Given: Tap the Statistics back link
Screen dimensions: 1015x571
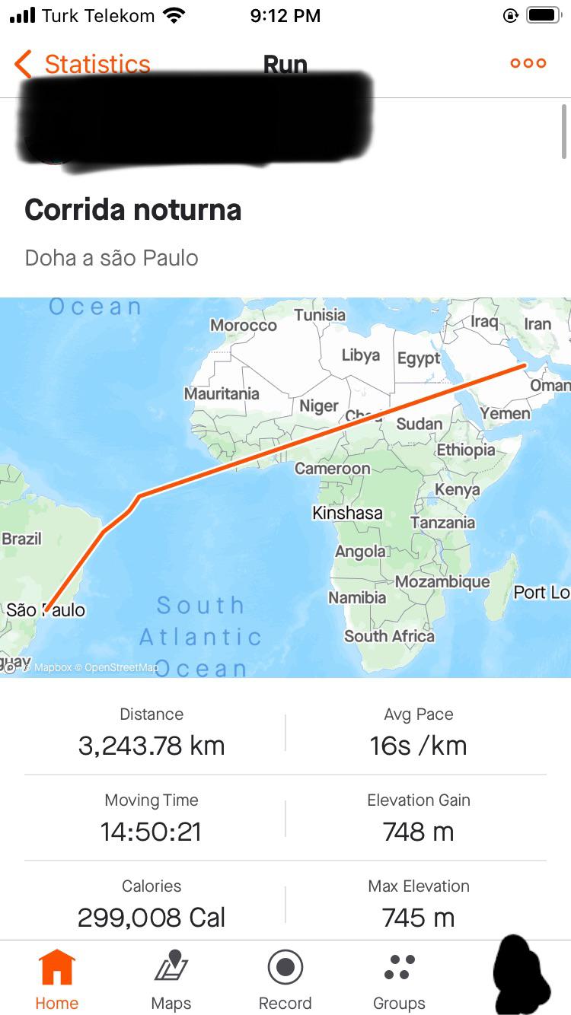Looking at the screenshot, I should tap(84, 64).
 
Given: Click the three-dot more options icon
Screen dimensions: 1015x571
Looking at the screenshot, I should tap(528, 63).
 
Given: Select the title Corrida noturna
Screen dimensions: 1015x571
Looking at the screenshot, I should tap(133, 210).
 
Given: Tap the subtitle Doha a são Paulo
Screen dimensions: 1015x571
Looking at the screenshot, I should tap(112, 258).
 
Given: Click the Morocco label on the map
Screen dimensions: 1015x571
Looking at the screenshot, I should tap(244, 325).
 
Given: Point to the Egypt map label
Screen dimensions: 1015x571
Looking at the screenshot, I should tap(419, 358).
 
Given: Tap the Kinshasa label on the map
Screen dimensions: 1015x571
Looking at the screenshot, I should tap(347, 513).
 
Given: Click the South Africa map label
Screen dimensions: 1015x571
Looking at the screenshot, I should tap(389, 635).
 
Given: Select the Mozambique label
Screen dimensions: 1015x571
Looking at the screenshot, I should tap(442, 581).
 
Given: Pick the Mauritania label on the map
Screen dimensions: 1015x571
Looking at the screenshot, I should tap(222, 393).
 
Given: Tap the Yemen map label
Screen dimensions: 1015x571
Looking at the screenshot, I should tap(506, 413).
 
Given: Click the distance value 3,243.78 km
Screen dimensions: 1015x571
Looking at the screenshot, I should tap(152, 746).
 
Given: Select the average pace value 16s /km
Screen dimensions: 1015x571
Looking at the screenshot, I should tap(418, 746).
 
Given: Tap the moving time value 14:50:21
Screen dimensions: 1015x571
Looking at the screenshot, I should tap(152, 832).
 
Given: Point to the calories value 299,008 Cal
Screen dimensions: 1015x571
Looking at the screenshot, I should tap(152, 918).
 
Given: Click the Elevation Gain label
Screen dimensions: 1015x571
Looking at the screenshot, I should tap(418, 800).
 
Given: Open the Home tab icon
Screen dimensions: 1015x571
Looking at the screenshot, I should tap(57, 968).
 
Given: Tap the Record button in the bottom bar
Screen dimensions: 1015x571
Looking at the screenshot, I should tap(285, 968).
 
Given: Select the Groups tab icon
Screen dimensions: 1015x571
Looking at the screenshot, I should tap(399, 968).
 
